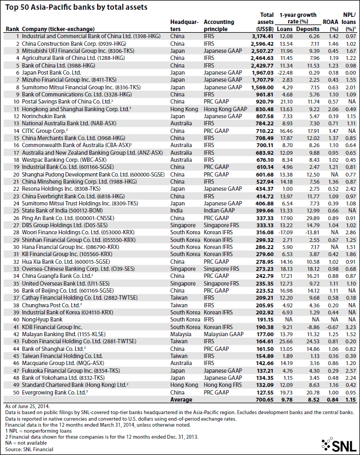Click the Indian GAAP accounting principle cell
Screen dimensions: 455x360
point(220,210)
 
